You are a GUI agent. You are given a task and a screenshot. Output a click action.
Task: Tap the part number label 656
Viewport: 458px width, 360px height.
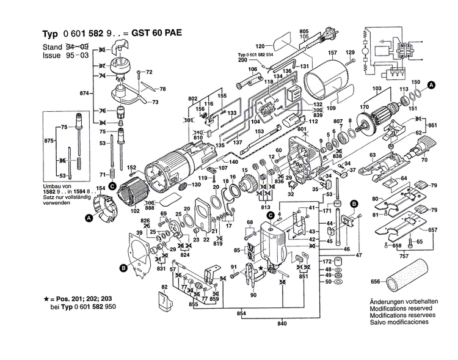point(375,282)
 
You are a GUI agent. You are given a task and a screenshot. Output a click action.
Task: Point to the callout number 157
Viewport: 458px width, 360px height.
point(333,53)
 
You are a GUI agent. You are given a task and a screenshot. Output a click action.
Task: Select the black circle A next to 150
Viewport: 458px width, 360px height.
point(432,86)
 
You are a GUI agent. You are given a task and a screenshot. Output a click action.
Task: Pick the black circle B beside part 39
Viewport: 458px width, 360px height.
point(124,267)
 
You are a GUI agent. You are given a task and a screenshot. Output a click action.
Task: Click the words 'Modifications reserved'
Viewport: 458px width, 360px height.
point(402,310)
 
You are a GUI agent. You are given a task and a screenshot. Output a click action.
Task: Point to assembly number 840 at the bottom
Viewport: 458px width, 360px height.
point(282,323)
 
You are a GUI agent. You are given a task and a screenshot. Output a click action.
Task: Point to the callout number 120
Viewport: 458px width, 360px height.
point(260,46)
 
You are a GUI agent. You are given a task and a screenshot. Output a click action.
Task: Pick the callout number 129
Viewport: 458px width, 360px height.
point(351,53)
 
